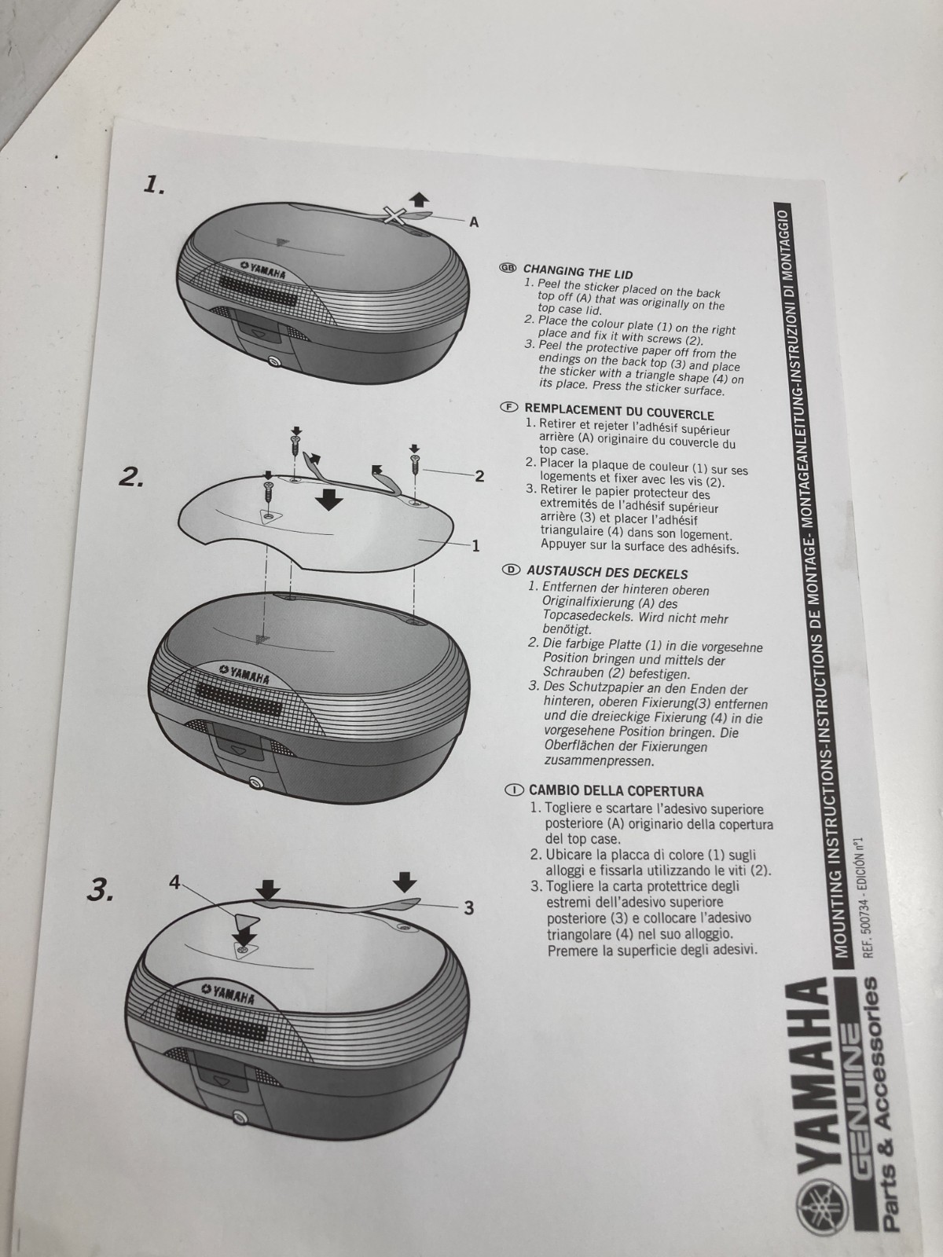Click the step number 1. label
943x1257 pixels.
pos(154,185)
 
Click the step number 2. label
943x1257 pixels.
pos(131,478)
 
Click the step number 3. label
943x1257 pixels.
pos(101,892)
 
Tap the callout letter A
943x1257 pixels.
pos(474,222)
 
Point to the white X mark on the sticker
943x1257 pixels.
pos(394,216)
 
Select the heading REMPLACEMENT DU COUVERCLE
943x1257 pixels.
pos(619,412)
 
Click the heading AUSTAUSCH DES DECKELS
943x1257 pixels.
pos(607,572)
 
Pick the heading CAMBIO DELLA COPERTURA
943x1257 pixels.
pos(616,791)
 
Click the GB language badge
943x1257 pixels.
pos(508,267)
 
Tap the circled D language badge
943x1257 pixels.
pos(511,570)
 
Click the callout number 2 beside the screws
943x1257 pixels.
pos(480,476)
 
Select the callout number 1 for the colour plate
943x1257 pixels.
pos(475,546)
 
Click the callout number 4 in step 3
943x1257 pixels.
pos(174,883)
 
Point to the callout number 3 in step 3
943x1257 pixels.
pos(469,908)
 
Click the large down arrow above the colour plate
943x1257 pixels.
pos(329,500)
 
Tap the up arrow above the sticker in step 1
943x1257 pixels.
pos(420,200)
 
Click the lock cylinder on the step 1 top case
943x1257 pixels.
pos(274,362)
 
